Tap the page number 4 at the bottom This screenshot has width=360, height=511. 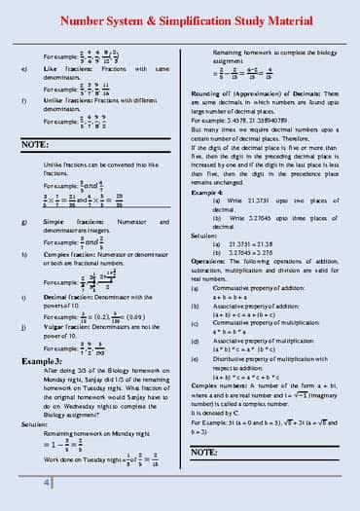pos(46,484)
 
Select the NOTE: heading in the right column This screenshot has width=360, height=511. pos(205,453)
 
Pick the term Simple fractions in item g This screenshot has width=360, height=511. pos(67,223)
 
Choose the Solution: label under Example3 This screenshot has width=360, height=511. pos(34,424)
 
